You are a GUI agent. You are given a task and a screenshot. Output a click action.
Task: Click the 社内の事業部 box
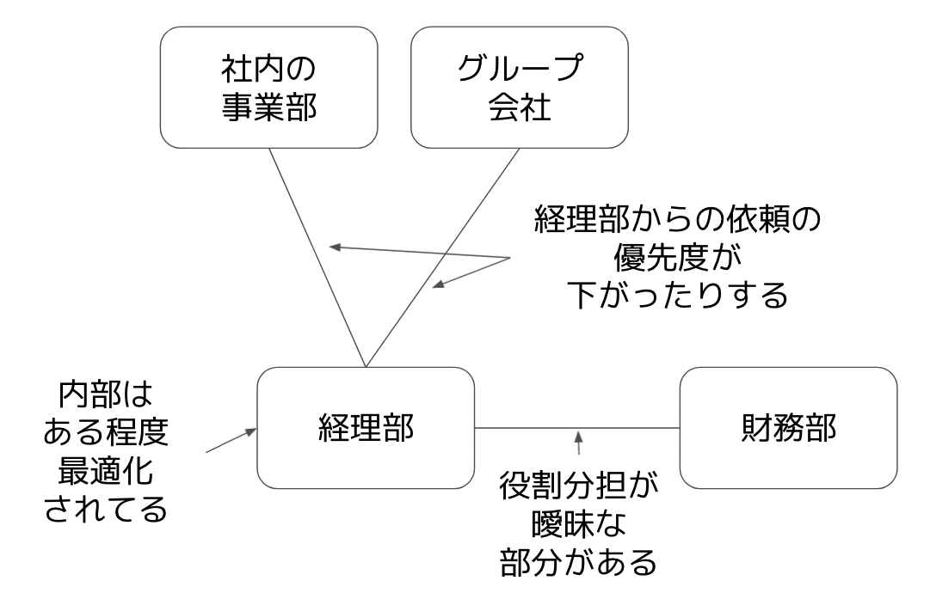pos(270,87)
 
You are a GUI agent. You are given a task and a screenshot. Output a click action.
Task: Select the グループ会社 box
pos(520,87)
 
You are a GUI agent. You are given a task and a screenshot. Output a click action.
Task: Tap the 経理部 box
pos(366,428)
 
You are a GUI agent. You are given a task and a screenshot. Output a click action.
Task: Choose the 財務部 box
pos(789,428)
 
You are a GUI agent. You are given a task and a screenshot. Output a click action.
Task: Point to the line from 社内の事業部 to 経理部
pos(318,258)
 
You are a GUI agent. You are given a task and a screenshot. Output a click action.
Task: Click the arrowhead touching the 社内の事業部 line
pos(336,248)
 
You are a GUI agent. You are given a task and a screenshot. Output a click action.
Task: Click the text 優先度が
pos(677,259)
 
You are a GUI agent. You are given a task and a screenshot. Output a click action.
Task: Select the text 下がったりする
pos(677,296)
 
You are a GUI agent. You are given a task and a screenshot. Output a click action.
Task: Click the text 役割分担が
pos(578,487)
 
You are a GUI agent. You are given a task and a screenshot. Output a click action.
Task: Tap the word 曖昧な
pos(578,526)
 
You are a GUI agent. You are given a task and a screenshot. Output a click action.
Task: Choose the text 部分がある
pos(578,565)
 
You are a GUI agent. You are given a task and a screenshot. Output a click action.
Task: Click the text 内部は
pos(106,397)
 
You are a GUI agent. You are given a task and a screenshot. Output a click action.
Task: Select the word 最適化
pos(106,471)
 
